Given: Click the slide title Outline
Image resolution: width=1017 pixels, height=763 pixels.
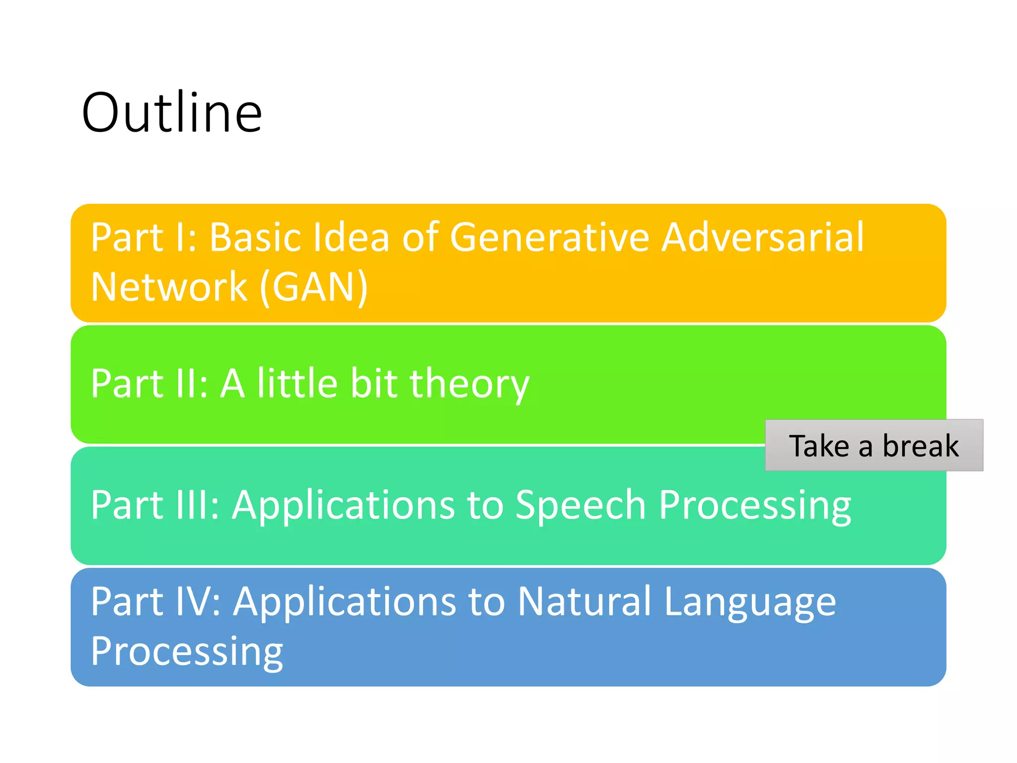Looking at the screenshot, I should point(172,113).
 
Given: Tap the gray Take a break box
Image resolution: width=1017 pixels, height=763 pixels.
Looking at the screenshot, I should point(874,445).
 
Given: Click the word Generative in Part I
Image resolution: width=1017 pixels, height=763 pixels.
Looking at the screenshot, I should point(549,237).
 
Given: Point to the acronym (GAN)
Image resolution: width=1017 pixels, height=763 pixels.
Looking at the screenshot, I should point(314,287).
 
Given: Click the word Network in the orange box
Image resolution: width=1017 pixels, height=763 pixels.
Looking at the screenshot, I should point(169,287).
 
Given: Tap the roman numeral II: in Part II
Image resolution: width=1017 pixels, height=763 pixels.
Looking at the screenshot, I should point(191,384).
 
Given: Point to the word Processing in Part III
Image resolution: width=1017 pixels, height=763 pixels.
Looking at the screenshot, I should point(755,506).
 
